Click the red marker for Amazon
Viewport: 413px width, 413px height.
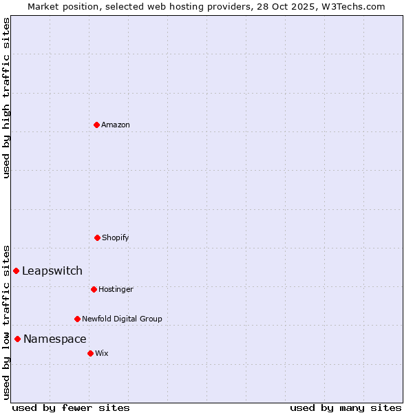coord(96,125)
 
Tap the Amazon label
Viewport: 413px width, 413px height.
coord(116,125)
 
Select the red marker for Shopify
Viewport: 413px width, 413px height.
coord(97,237)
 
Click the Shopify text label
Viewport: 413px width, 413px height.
coord(116,237)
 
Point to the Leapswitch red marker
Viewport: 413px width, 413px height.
coord(16,271)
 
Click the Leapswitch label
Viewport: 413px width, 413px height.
coord(52,271)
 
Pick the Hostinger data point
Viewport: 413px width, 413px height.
coord(94,289)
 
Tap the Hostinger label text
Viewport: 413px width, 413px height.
coord(116,289)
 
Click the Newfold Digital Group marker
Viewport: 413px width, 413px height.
coord(77,319)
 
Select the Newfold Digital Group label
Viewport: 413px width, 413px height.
coord(122,319)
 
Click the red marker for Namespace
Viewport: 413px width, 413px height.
coord(17,339)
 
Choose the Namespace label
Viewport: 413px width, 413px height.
coord(55,339)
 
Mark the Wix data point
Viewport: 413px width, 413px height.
coord(90,353)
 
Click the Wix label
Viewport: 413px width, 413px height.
coord(102,353)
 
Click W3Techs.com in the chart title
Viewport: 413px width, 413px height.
coord(353,6)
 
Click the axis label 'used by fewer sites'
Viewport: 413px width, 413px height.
coord(71,407)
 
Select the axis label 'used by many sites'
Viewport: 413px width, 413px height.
coord(346,407)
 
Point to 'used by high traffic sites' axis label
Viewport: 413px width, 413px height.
coord(6,98)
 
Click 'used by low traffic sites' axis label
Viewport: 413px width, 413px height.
coord(6,321)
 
